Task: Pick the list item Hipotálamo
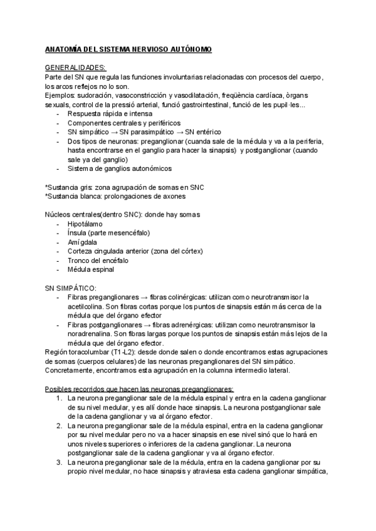coord(85,224)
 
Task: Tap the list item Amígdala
coord(83,242)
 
